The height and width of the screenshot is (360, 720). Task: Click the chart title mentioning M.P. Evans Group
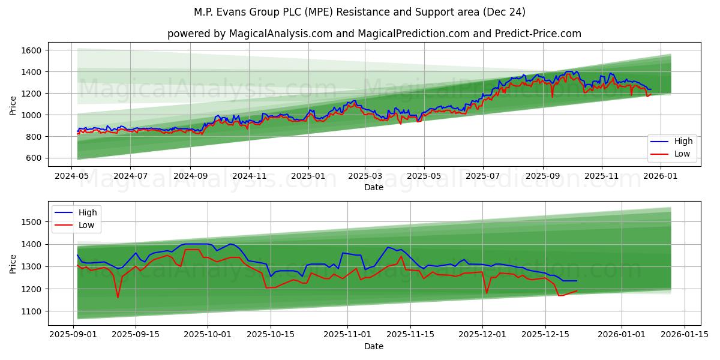click(359, 12)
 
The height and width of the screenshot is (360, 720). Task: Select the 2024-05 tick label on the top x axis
click(72, 176)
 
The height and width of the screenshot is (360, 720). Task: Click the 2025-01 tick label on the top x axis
click(308, 176)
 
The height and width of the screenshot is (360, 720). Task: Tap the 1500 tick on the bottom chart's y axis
click(32, 222)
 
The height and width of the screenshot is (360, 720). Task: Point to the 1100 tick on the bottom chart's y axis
click(32, 311)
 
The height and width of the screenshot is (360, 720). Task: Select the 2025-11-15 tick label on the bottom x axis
click(410, 335)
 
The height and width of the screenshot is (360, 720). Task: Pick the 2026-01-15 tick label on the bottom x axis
click(685, 335)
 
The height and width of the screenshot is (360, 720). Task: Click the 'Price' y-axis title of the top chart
click(13, 105)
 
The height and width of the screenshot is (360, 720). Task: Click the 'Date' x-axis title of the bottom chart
click(374, 346)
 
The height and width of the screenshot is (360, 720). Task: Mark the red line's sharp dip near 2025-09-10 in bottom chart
click(118, 297)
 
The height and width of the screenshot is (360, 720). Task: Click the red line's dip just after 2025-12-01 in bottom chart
click(487, 293)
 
